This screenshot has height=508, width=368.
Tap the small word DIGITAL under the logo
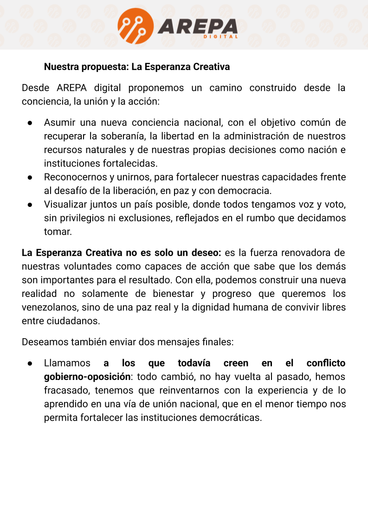click(x=221, y=37)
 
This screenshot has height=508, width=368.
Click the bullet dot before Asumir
click(x=29, y=123)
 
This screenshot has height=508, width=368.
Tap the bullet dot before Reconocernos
click(x=29, y=178)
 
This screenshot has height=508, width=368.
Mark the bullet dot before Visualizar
click(x=29, y=205)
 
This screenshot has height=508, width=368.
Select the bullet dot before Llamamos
click(x=29, y=364)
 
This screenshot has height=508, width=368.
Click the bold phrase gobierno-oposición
click(x=87, y=377)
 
